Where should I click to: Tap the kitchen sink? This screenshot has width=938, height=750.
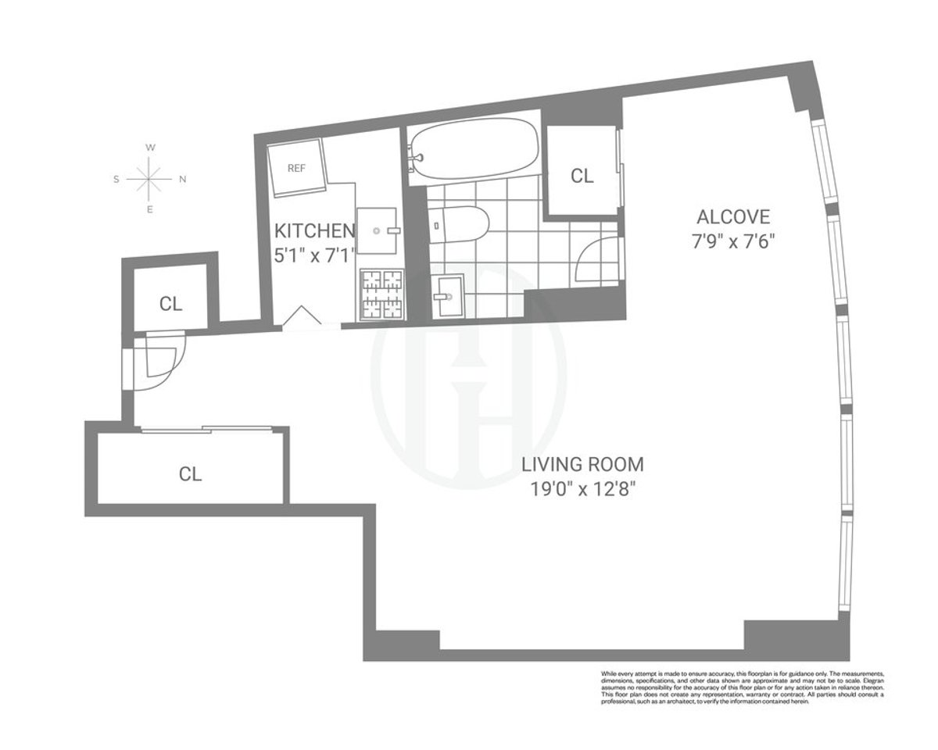[x=378, y=230]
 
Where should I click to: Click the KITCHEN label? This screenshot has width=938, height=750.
[x=314, y=231]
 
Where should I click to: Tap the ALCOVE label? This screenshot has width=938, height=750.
[x=733, y=216]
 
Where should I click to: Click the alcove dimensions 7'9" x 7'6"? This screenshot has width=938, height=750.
[x=733, y=241]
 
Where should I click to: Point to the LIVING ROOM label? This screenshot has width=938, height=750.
[x=583, y=465]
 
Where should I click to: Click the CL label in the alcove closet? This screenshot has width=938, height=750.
[x=582, y=176]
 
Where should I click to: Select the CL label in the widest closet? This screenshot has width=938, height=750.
[x=191, y=473]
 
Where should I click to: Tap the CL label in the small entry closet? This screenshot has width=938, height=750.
[x=170, y=304]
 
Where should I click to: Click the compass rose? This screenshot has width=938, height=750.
[x=149, y=179]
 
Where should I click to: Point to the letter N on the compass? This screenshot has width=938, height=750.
[x=183, y=179]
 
